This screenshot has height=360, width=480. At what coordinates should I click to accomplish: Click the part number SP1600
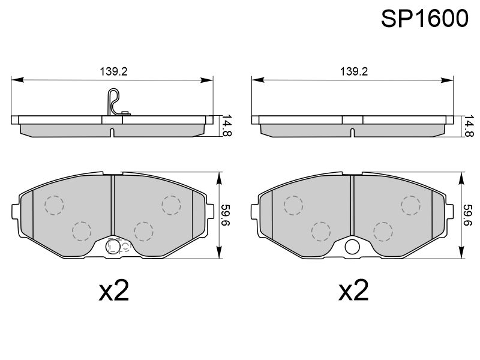425,19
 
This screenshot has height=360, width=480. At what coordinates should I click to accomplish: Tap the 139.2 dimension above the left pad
113,71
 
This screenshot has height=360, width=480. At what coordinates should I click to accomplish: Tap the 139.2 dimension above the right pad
354,71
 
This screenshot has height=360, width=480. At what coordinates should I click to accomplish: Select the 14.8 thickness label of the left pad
227,125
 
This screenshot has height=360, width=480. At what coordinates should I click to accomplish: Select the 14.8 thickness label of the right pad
469,125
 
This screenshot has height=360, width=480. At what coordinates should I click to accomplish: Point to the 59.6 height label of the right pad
467,215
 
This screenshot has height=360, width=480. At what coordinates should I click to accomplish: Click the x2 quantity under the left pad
114,290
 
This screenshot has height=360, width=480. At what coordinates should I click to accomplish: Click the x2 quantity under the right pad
353,290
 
